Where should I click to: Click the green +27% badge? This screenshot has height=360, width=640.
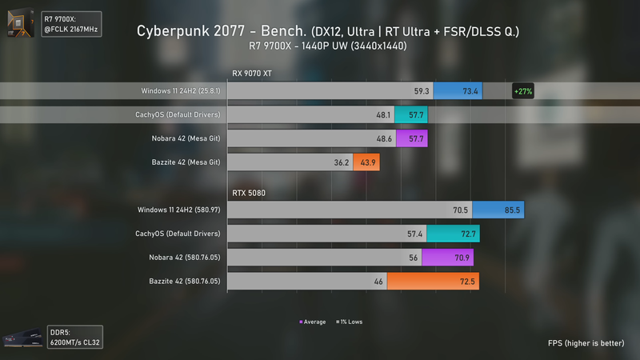(x=523, y=91)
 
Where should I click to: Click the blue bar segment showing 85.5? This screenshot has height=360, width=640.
(x=498, y=210)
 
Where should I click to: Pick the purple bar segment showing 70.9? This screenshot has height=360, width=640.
(x=447, y=258)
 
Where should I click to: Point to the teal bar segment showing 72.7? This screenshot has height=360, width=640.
(x=452, y=234)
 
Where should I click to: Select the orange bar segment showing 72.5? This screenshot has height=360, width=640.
(x=433, y=282)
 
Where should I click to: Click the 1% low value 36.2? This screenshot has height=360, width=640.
(x=342, y=162)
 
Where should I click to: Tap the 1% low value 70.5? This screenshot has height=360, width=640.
(x=459, y=210)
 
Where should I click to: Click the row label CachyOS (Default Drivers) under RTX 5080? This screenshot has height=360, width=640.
(x=179, y=234)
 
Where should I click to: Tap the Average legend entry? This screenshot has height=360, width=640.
(x=313, y=322)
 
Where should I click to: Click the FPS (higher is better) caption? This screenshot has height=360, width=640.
(x=586, y=343)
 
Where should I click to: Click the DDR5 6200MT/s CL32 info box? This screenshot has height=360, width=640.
(x=73, y=337)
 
